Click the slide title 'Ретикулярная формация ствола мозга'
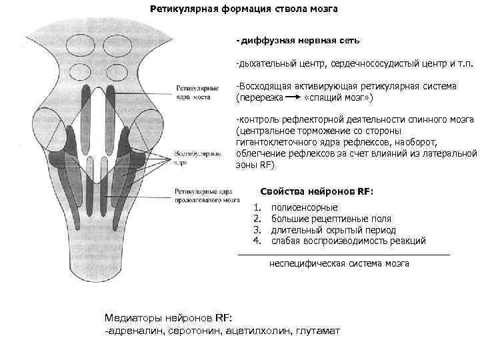point(243,9)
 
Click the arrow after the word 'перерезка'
point(289,97)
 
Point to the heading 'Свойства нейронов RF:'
point(317,191)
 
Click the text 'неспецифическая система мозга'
point(339,263)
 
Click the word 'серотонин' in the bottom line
point(195,331)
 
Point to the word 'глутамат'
point(316,331)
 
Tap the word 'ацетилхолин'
point(255,331)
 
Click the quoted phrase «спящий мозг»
point(338,97)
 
